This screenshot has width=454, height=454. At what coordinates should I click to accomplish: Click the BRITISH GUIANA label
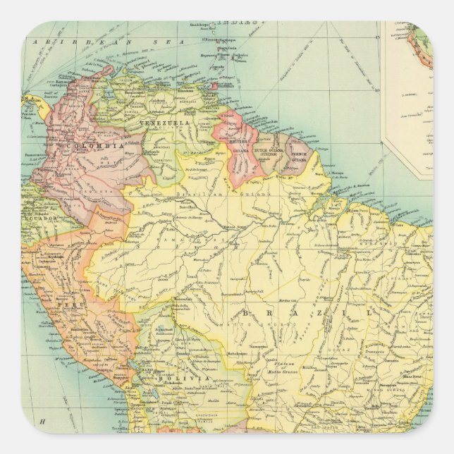pos(238,145)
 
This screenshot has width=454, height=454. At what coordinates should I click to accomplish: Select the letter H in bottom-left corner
pos(42,422)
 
